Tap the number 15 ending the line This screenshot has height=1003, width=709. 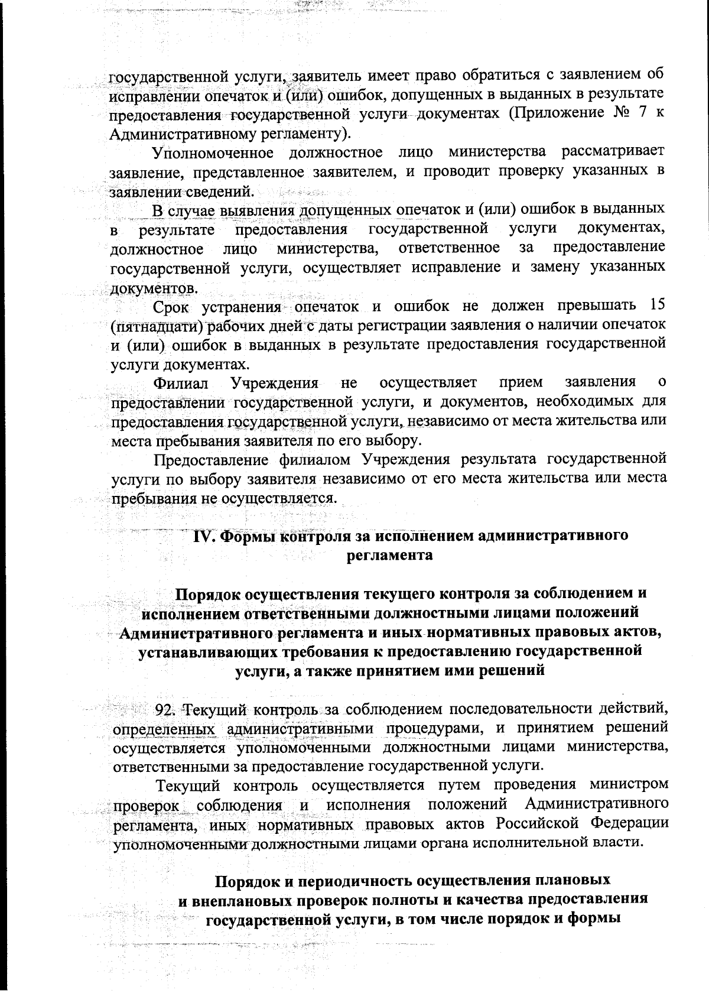click(x=656, y=305)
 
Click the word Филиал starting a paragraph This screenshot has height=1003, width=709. click(x=180, y=382)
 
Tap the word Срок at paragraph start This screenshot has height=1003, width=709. click(x=171, y=307)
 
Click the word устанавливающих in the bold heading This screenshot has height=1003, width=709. click(x=199, y=652)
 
